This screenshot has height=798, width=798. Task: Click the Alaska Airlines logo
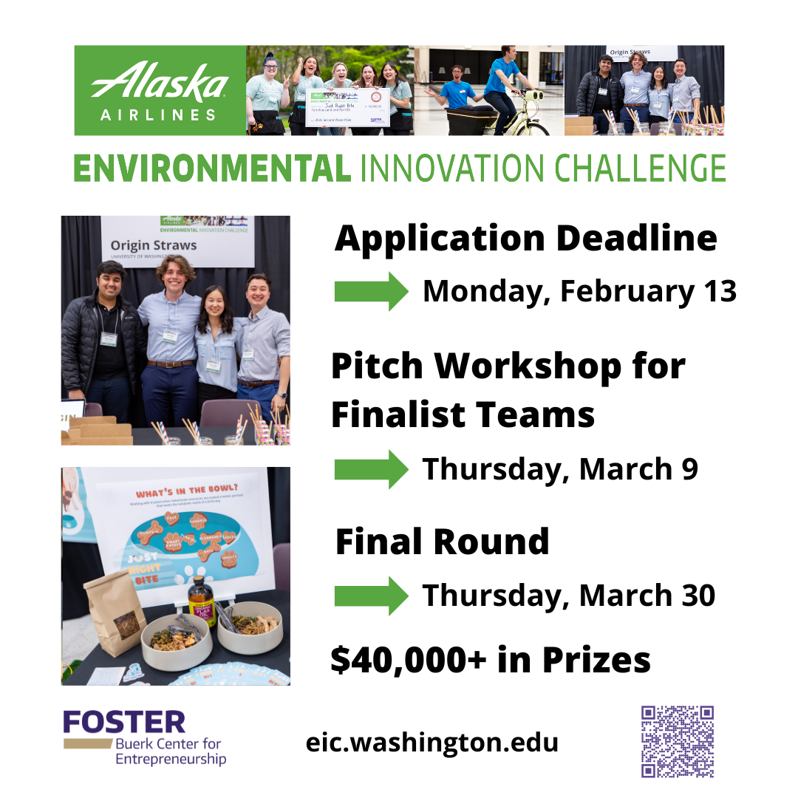[160, 90]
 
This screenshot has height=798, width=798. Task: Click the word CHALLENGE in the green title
[639, 168]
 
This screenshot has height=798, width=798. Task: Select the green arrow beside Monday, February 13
[371, 291]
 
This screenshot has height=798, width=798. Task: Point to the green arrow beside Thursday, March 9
[371, 469]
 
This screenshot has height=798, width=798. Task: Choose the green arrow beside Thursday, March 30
[371, 596]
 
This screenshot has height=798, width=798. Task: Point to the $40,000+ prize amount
[409, 660]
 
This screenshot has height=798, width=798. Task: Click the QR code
[678, 741]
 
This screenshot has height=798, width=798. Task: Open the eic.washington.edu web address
[432, 742]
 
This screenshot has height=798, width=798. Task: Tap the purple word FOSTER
[124, 722]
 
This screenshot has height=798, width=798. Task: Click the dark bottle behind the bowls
[202, 601]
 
